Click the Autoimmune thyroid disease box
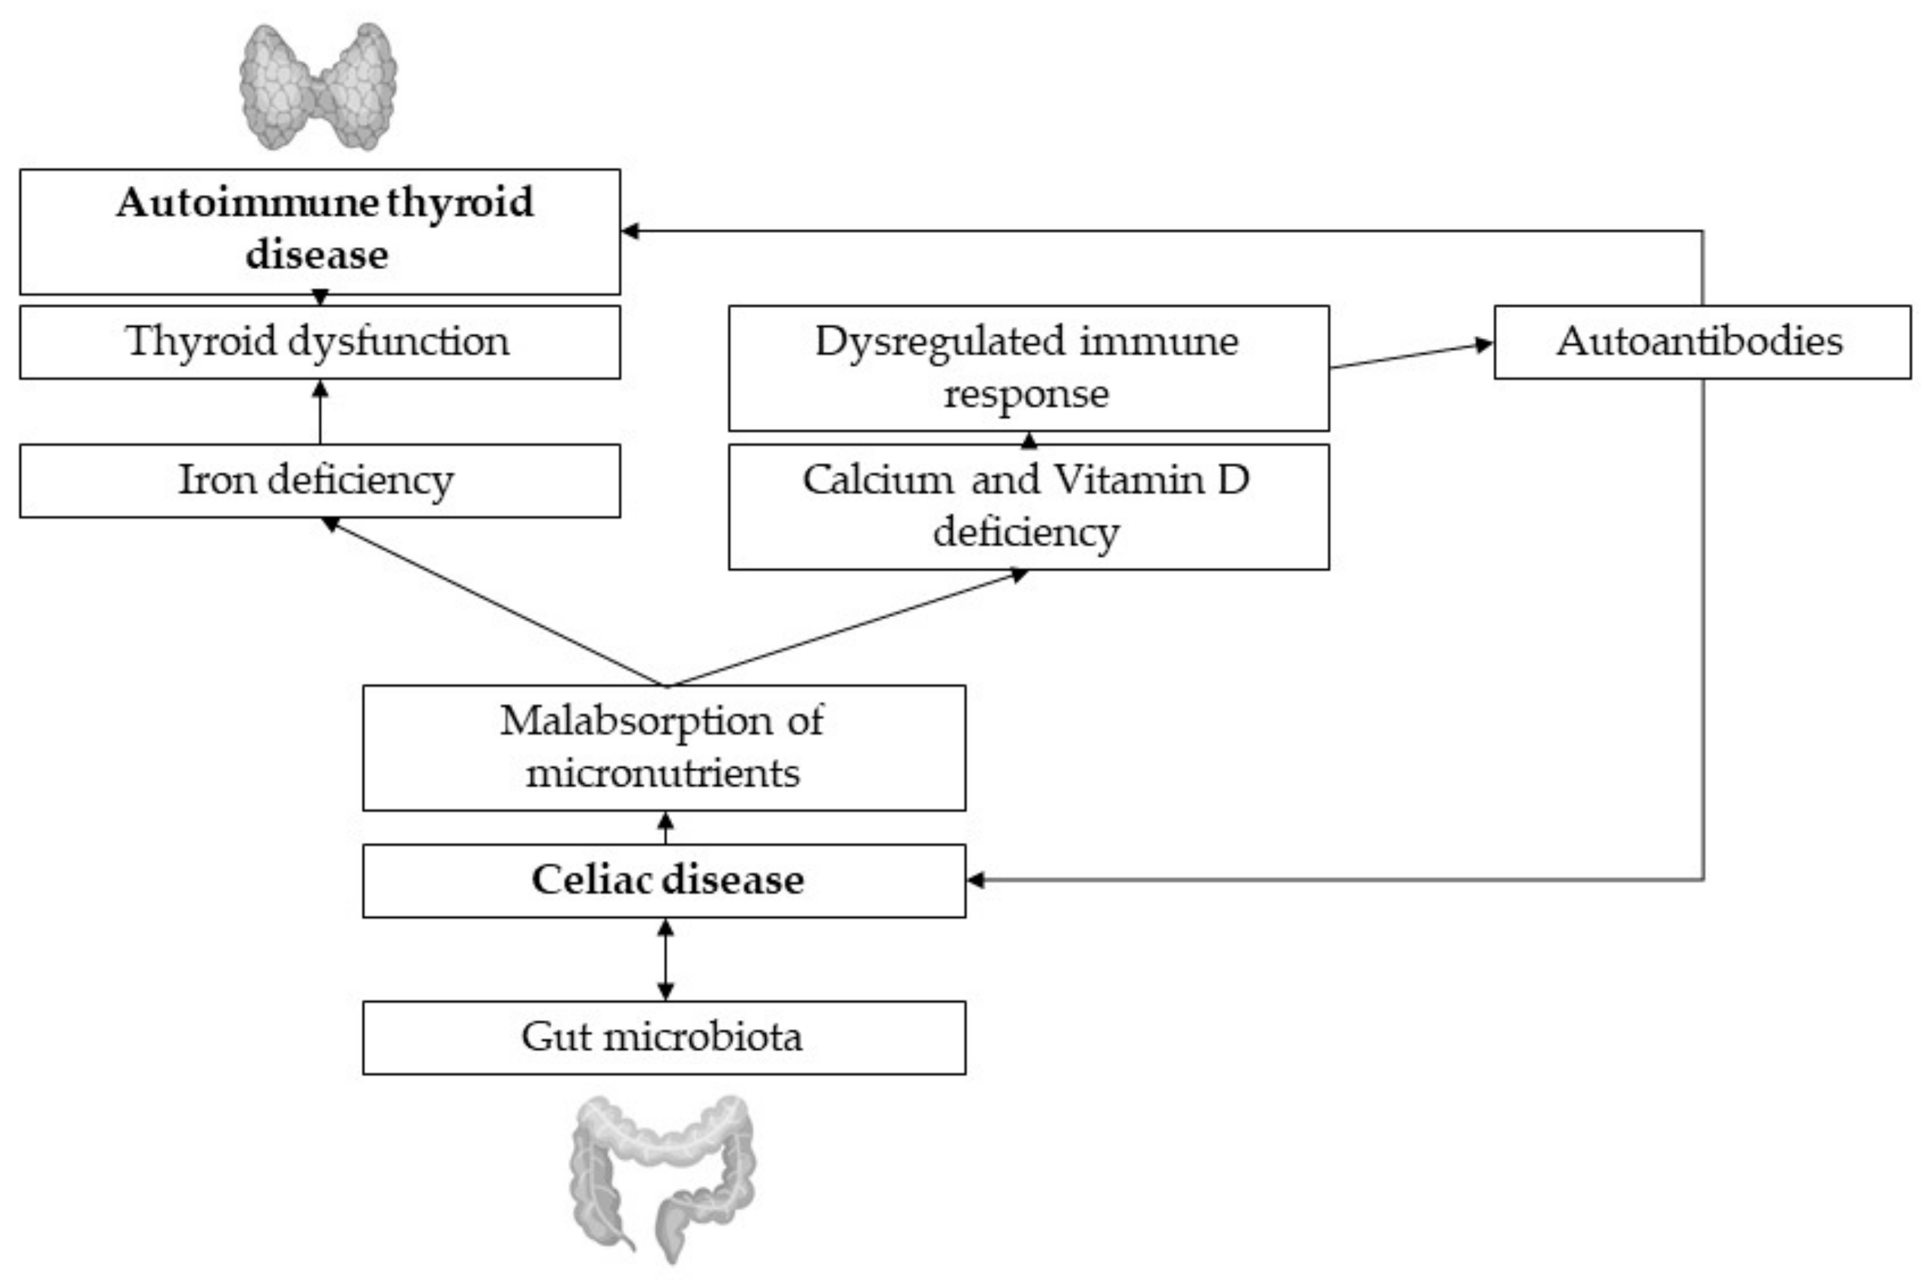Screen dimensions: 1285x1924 (319, 231)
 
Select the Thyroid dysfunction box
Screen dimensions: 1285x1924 (319, 342)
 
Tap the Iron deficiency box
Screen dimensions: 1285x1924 (319, 480)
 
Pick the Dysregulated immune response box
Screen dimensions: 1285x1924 (1029, 367)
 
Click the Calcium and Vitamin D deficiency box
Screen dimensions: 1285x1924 (1029, 506)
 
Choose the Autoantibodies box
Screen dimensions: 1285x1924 (1702, 342)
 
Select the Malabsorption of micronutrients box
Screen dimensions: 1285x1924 (664, 747)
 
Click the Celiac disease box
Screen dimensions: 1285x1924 (664, 880)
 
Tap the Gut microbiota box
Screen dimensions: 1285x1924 (664, 1037)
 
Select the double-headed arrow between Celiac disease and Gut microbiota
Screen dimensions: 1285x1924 (666, 959)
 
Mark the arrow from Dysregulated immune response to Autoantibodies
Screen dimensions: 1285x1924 (1409, 356)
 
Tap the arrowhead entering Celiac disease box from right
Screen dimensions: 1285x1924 (976, 880)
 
